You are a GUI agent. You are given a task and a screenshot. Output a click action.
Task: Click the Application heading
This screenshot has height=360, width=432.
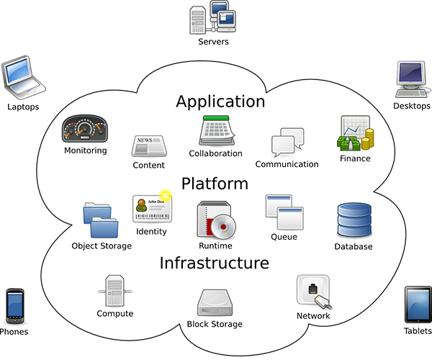(220, 101)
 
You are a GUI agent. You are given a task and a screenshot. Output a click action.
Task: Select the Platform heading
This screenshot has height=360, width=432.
(215, 184)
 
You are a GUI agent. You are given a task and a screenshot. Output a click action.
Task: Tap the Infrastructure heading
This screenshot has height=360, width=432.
(214, 263)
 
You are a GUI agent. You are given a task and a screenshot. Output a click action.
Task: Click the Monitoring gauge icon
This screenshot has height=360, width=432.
(84, 130)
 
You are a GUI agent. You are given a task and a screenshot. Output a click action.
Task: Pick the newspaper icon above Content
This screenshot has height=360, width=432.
(148, 146)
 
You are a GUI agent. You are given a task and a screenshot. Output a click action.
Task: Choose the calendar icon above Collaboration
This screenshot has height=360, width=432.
(215, 130)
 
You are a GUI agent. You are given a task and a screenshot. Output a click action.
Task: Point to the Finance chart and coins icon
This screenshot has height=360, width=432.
(354, 134)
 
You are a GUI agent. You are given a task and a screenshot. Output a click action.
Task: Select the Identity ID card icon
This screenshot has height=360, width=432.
(150, 209)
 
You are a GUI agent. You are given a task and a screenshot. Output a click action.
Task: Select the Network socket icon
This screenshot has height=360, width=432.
(314, 292)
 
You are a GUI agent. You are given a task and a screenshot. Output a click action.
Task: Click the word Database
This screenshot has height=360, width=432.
(353, 247)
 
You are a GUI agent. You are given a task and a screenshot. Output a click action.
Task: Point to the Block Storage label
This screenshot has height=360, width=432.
(215, 324)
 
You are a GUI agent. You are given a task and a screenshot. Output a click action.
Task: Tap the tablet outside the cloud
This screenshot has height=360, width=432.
(418, 304)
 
